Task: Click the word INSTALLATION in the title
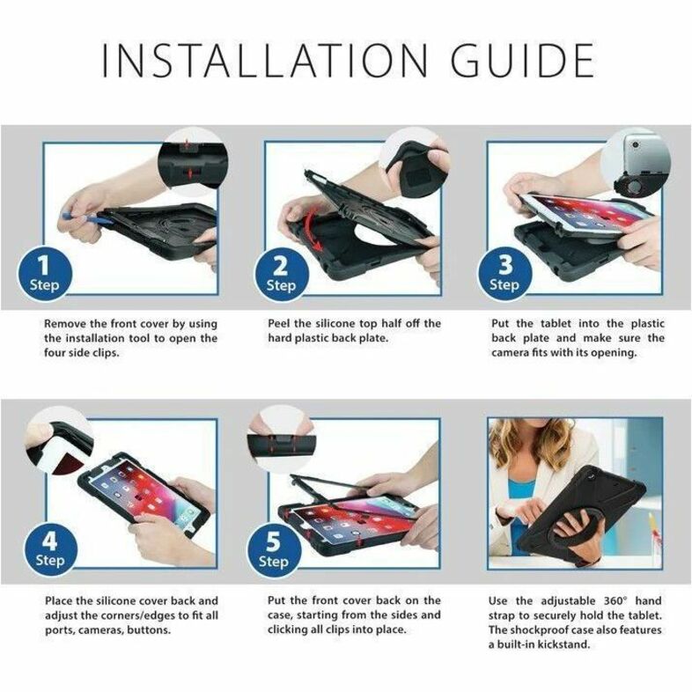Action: [265, 61]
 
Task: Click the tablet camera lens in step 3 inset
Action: [636, 144]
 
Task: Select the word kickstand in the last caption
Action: [563, 644]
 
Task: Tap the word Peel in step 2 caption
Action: [279, 323]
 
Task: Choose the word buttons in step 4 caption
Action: [149, 630]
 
